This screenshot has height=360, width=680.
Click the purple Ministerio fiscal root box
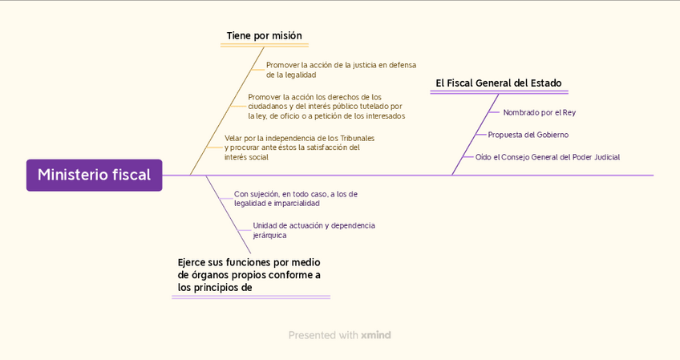click(x=94, y=175)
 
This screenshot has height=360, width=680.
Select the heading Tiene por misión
click(x=264, y=35)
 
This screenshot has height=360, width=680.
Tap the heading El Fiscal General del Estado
click(x=498, y=83)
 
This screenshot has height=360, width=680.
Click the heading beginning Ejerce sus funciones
click(x=249, y=274)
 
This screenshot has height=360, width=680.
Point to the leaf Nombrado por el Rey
click(x=539, y=112)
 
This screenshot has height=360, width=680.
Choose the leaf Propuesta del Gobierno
click(x=528, y=135)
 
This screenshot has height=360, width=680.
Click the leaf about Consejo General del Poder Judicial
click(x=547, y=157)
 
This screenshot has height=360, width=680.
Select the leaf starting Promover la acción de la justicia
click(x=341, y=70)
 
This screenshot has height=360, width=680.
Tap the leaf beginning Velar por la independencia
click(x=299, y=148)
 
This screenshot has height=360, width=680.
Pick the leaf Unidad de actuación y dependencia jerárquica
click(x=314, y=230)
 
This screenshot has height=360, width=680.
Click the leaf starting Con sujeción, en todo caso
click(x=295, y=198)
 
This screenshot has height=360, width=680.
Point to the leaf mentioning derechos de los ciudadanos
click(x=326, y=107)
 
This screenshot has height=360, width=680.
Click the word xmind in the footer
click(x=376, y=335)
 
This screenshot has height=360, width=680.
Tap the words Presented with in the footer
click(x=323, y=335)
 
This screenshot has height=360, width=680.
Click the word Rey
click(x=569, y=112)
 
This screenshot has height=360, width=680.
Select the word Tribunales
click(x=358, y=138)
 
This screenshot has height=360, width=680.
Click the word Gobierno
click(x=552, y=135)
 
